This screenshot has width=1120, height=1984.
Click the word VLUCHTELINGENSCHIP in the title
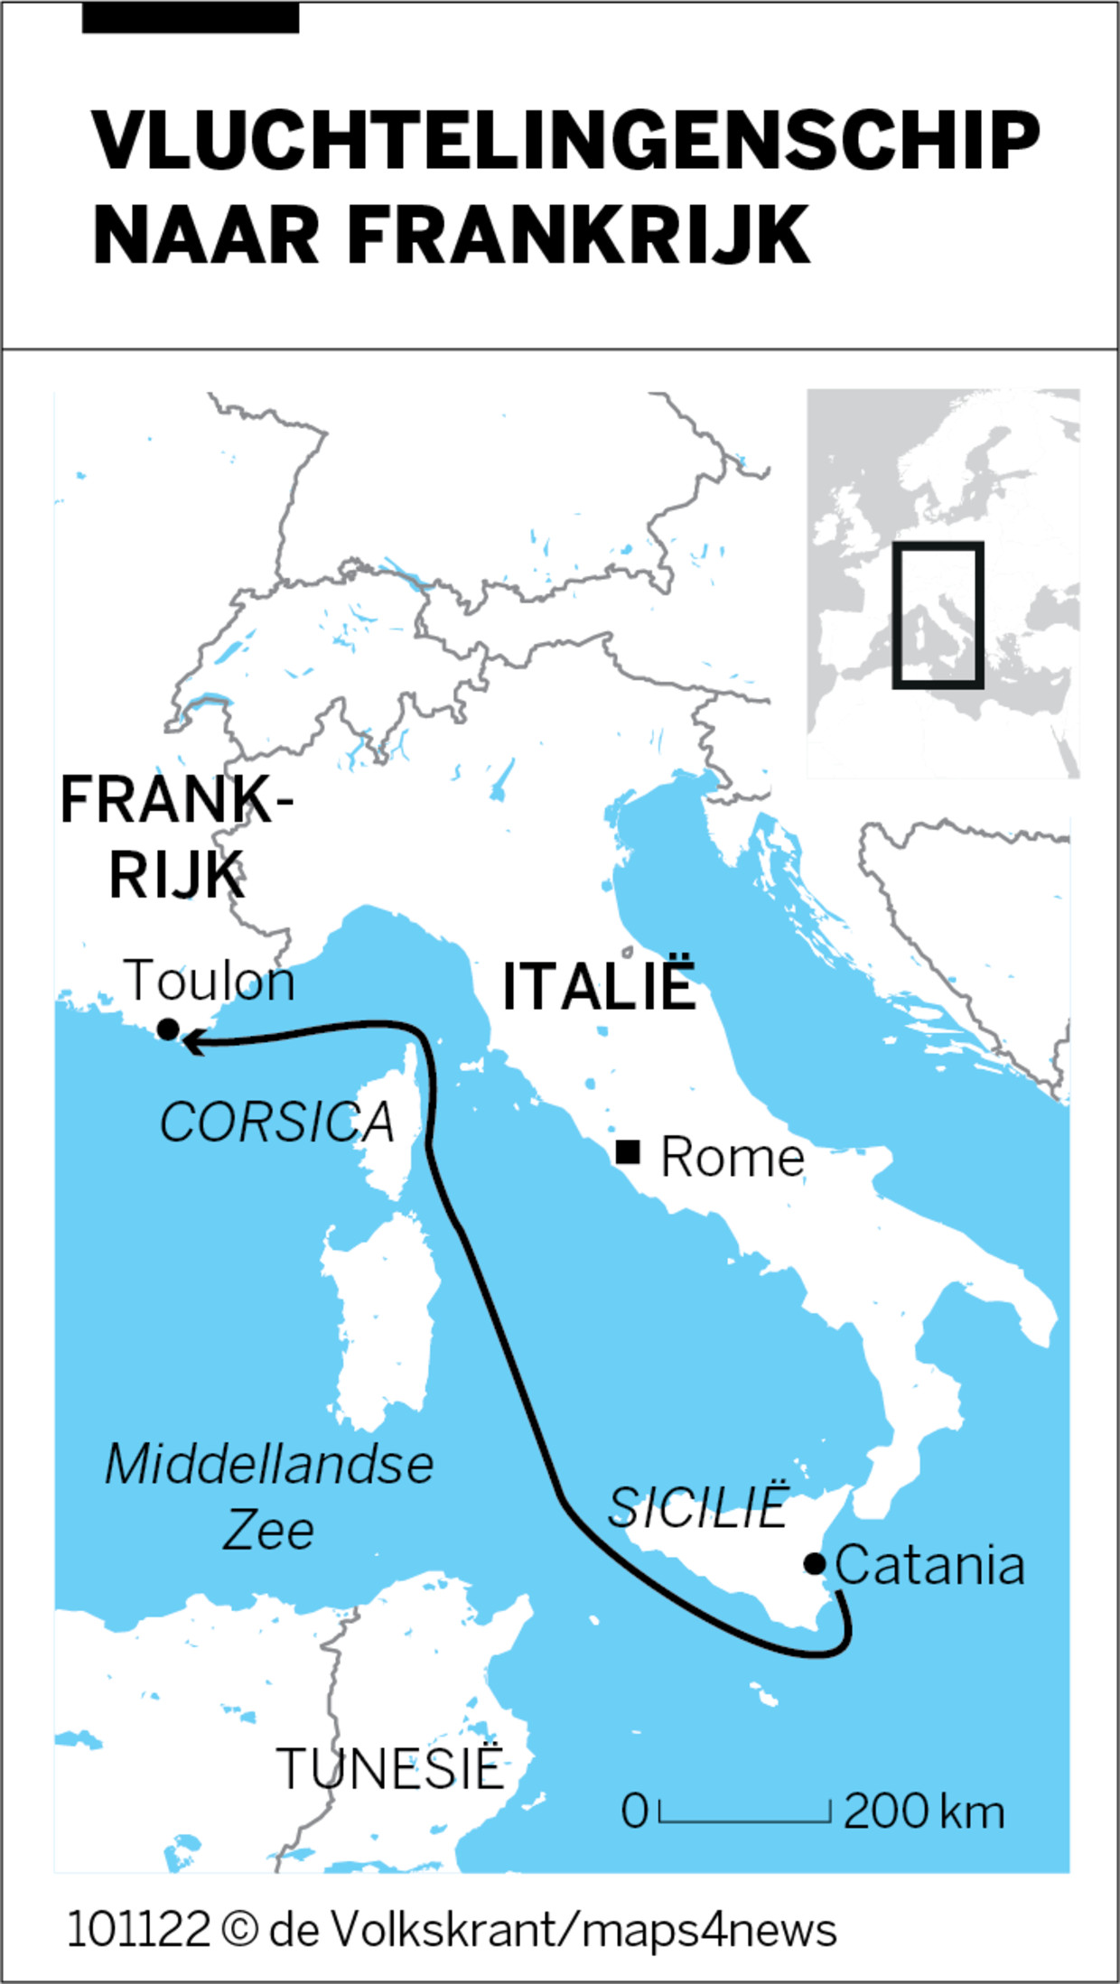pyautogui.click(x=565, y=141)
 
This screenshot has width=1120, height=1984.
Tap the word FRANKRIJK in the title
pyautogui.click(x=578, y=235)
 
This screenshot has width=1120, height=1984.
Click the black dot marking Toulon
pyautogui.click(x=168, y=1029)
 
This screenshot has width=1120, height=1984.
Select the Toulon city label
pyautogui.click(x=210, y=981)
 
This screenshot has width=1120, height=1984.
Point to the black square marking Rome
pyautogui.click(x=628, y=1151)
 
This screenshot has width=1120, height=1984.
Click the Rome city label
pyautogui.click(x=732, y=1157)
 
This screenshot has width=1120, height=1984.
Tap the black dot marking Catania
pyautogui.click(x=814, y=1563)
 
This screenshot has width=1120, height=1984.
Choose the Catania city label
pyautogui.click(x=929, y=1565)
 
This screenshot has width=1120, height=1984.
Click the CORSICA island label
pyautogui.click(x=277, y=1122)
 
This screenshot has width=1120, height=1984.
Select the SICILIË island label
pyautogui.click(x=697, y=1507)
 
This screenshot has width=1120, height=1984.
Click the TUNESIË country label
pyautogui.click(x=389, y=1768)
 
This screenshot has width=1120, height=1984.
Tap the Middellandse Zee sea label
pyautogui.click(x=269, y=1496)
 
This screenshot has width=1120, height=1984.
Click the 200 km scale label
pyautogui.click(x=923, y=1812)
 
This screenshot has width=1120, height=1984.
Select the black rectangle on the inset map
pyautogui.click(x=938, y=615)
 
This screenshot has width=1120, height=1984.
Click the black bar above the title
pyautogui.click(x=191, y=18)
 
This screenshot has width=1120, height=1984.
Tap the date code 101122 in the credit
pyautogui.click(x=138, y=1929)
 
